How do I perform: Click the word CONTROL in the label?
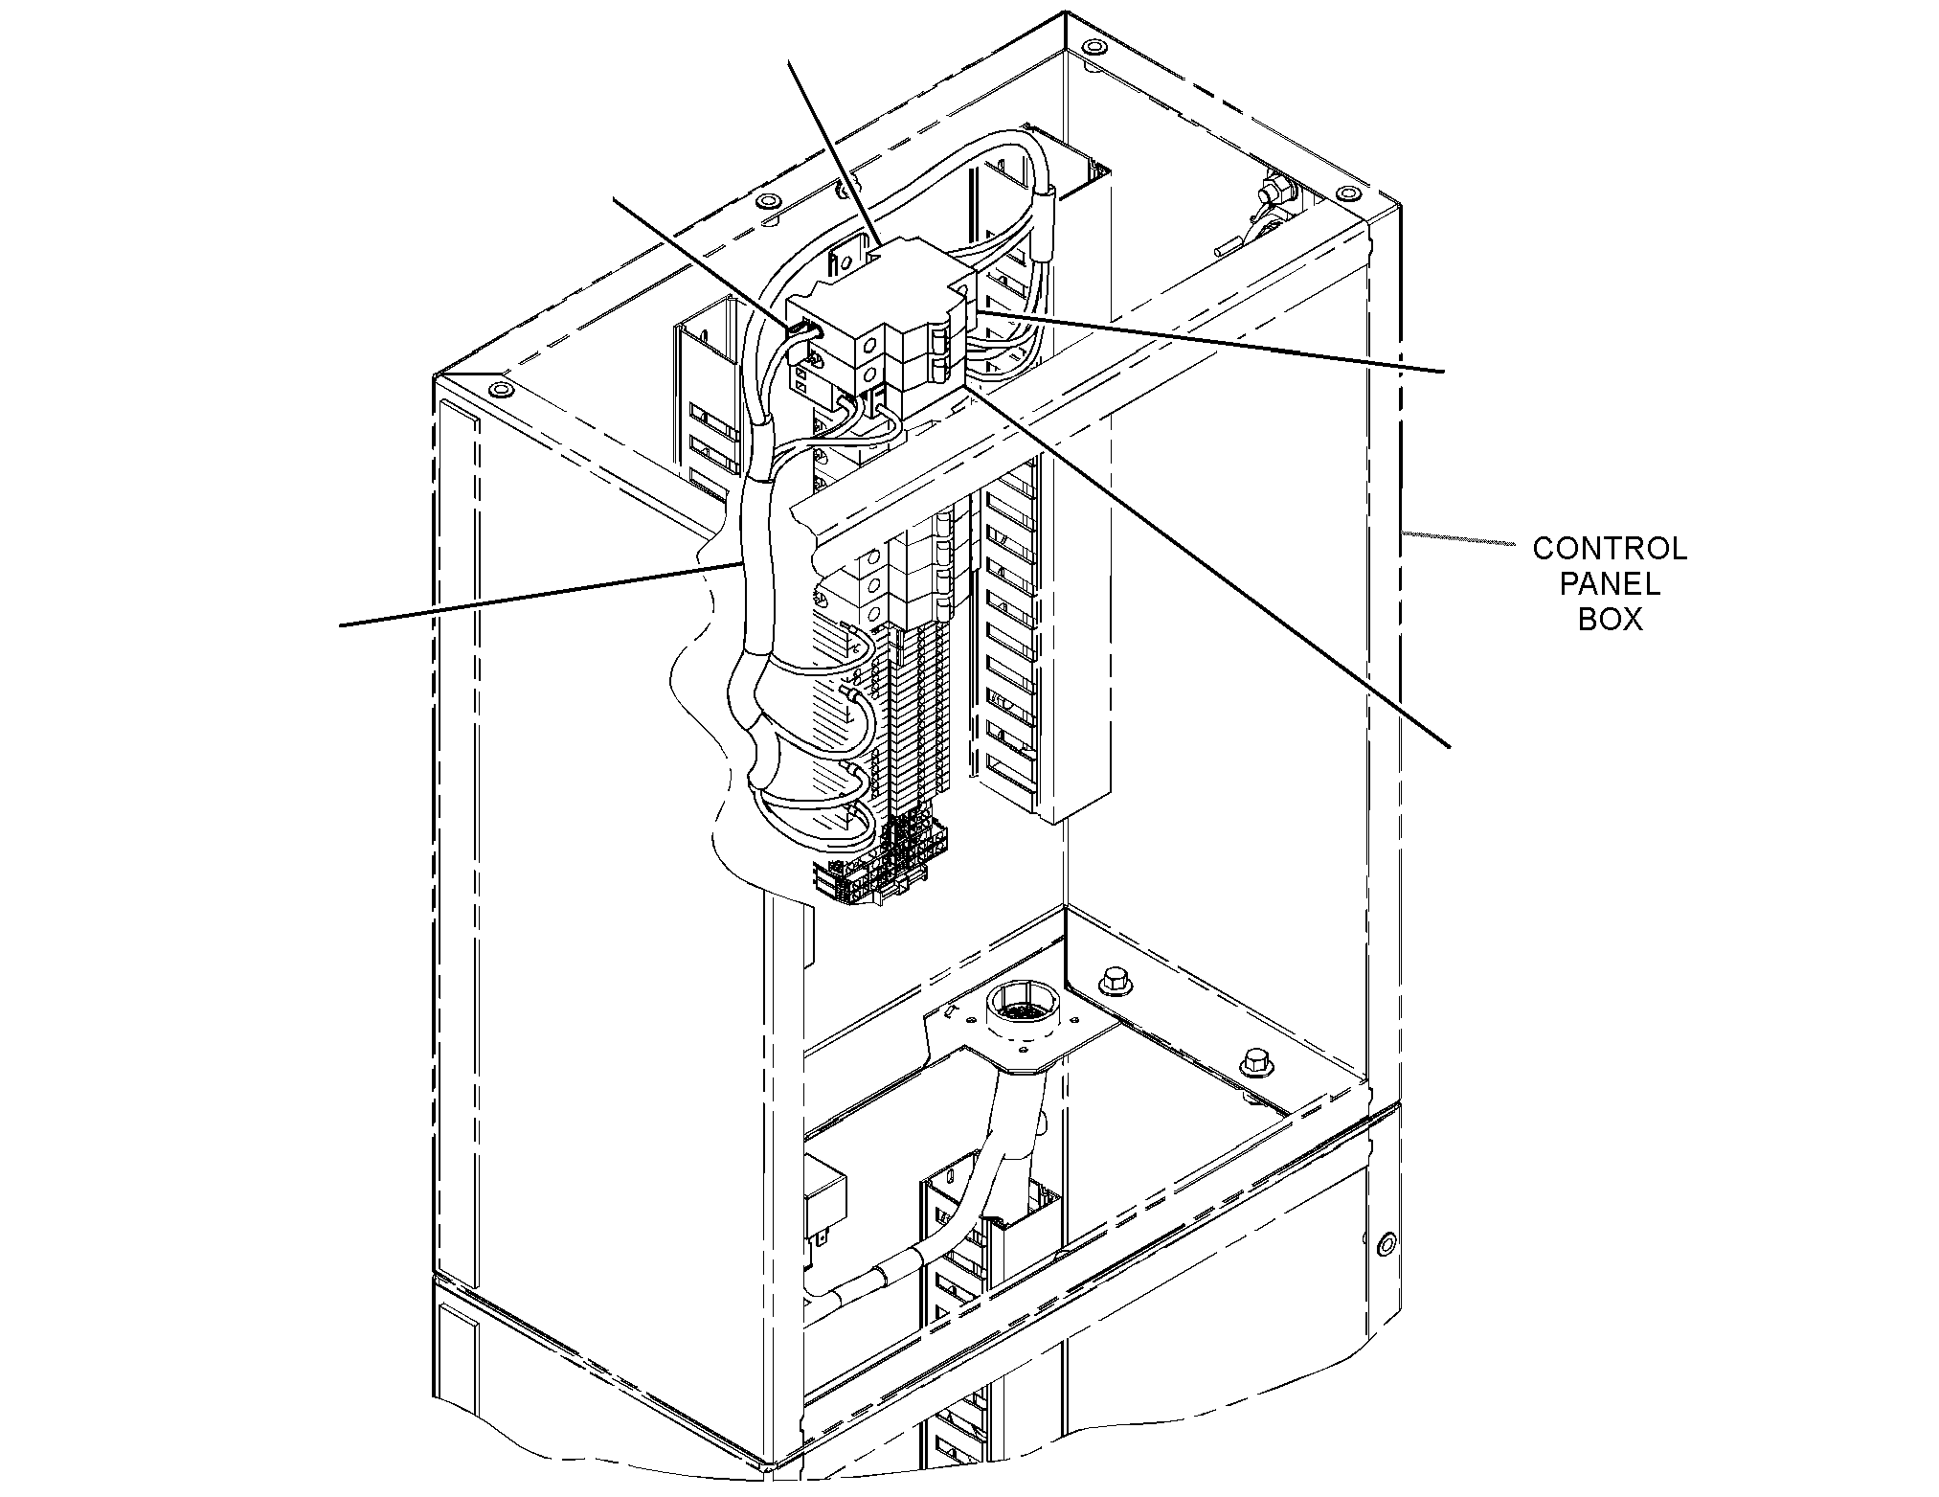pyautogui.click(x=1610, y=549)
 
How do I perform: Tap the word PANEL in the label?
pyautogui.click(x=1611, y=584)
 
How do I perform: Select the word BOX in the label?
pyautogui.click(x=1611, y=620)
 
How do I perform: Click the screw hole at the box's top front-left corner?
pyautogui.click(x=500, y=390)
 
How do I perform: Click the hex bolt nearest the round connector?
pyautogui.click(x=1115, y=980)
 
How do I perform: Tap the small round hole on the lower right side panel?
pyautogui.click(x=1383, y=1245)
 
